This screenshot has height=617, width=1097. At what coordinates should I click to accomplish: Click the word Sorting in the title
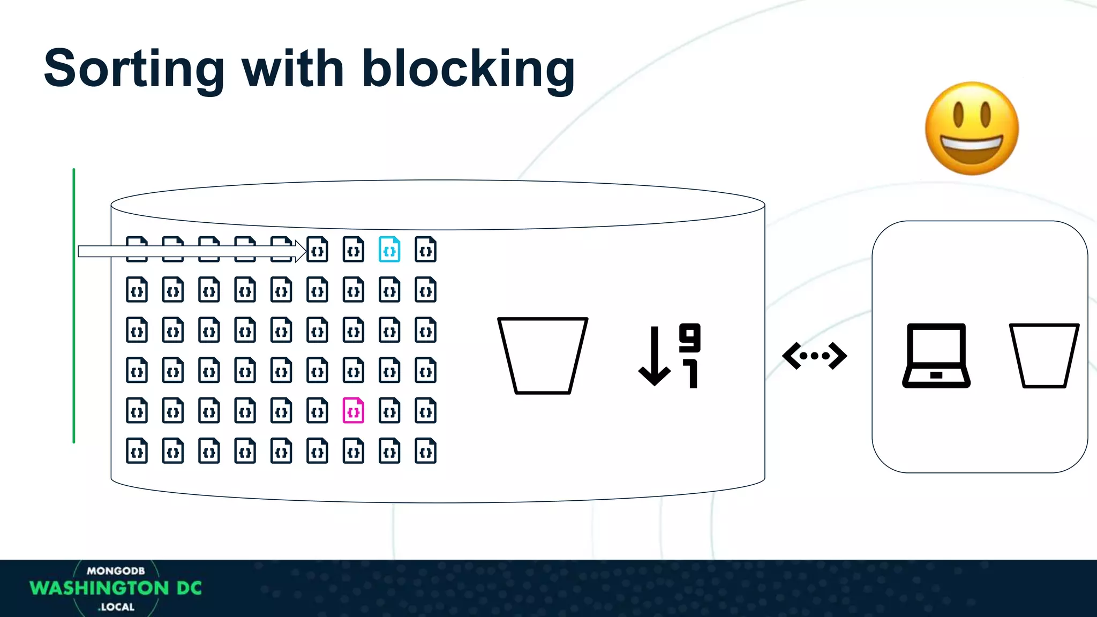(x=134, y=69)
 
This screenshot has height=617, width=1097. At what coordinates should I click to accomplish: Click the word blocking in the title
(x=469, y=69)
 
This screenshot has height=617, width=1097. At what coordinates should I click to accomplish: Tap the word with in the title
(x=293, y=69)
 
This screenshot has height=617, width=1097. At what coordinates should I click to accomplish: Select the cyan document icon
(x=389, y=250)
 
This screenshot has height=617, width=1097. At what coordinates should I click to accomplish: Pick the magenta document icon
(x=354, y=411)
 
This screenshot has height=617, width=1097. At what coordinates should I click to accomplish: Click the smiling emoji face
(x=972, y=129)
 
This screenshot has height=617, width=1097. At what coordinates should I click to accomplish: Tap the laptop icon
(x=936, y=355)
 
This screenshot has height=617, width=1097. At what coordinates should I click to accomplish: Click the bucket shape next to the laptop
(x=1044, y=355)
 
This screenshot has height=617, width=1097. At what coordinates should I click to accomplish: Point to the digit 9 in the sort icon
(x=690, y=337)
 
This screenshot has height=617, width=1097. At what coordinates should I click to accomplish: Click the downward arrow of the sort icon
(x=655, y=356)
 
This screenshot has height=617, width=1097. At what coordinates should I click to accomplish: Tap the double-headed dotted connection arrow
(x=814, y=356)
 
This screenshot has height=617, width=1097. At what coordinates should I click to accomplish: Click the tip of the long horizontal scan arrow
(x=303, y=251)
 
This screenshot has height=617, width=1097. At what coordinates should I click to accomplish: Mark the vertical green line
(x=74, y=306)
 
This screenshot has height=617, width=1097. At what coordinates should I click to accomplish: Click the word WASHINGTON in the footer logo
(x=100, y=588)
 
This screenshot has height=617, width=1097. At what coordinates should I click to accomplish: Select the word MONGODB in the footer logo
(x=116, y=571)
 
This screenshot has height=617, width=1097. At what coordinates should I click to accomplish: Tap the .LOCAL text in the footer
(x=116, y=607)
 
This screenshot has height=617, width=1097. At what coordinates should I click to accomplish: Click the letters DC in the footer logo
(x=189, y=588)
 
